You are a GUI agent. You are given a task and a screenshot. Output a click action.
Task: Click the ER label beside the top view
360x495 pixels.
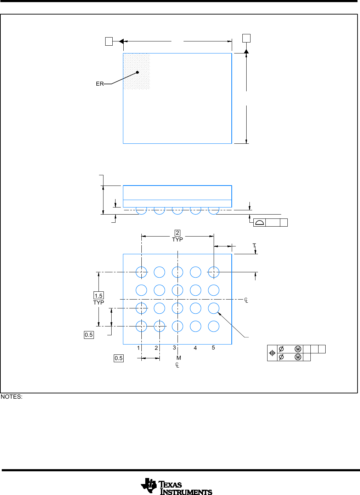[x=100, y=84]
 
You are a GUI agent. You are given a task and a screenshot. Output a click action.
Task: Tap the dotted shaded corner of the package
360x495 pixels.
[x=136, y=71]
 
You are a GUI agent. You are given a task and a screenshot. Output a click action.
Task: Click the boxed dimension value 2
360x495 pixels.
[x=178, y=233]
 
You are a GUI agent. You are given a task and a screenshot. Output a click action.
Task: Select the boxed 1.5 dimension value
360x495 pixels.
[x=99, y=296]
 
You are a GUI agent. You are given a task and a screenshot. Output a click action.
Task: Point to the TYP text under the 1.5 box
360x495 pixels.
[x=99, y=302]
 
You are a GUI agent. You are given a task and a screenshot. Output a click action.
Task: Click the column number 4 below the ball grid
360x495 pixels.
[x=195, y=348]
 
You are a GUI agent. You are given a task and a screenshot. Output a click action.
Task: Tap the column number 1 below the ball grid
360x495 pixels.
[x=139, y=348]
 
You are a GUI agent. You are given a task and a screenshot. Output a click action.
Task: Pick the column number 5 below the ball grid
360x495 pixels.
[x=213, y=348]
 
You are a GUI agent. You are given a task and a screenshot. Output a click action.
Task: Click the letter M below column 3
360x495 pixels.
[x=179, y=358]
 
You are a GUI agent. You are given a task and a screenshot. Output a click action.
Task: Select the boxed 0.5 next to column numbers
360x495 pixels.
[x=119, y=358]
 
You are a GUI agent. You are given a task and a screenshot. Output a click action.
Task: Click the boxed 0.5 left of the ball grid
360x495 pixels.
[x=89, y=335]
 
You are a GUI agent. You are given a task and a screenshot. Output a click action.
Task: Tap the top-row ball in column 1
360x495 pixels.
[x=141, y=272]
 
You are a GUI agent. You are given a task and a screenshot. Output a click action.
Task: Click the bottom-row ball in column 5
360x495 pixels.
[x=214, y=326]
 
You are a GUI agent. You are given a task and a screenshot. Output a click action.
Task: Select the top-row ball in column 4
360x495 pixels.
[x=196, y=272]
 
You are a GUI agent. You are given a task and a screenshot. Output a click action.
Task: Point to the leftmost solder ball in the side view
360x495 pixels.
[x=141, y=211]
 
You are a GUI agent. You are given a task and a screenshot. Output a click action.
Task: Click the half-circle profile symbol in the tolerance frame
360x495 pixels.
[x=259, y=222]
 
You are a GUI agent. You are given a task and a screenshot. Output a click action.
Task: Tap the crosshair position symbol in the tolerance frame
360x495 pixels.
[x=272, y=353]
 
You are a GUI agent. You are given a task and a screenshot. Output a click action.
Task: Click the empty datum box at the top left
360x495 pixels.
[x=109, y=41]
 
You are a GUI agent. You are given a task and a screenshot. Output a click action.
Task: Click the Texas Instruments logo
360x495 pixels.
[x=176, y=486]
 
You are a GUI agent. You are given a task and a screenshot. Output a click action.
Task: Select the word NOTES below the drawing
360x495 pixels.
[x=11, y=397]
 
